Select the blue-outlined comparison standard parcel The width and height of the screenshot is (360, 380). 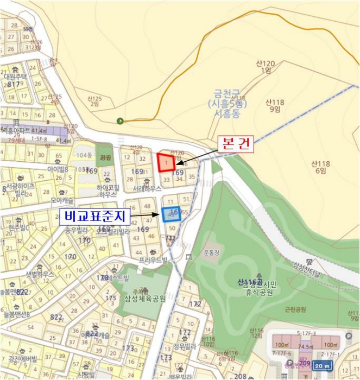[x=171, y=214]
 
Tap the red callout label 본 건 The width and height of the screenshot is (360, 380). [x=235, y=144]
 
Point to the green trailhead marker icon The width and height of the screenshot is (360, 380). [x=120, y=121]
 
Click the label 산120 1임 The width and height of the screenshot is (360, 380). [x=266, y=67]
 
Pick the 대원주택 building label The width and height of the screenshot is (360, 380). [x=15, y=77]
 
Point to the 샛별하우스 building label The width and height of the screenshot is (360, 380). [x=40, y=275]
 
